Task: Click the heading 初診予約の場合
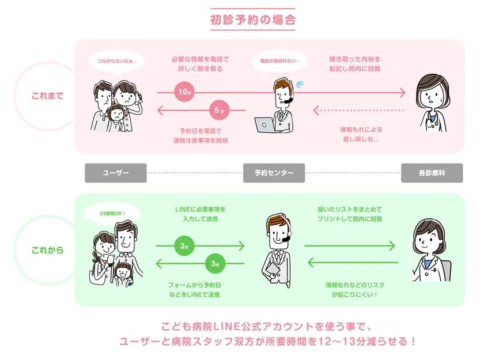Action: [x=253, y=20]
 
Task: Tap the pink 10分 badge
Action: [x=184, y=92]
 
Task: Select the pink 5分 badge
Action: [x=217, y=109]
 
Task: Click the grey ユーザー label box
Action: [x=116, y=173]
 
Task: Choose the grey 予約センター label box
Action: [x=274, y=173]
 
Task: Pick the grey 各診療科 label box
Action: [x=432, y=173]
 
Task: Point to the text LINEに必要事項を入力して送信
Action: [x=200, y=214]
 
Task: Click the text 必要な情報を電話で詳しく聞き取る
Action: [x=200, y=64]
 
